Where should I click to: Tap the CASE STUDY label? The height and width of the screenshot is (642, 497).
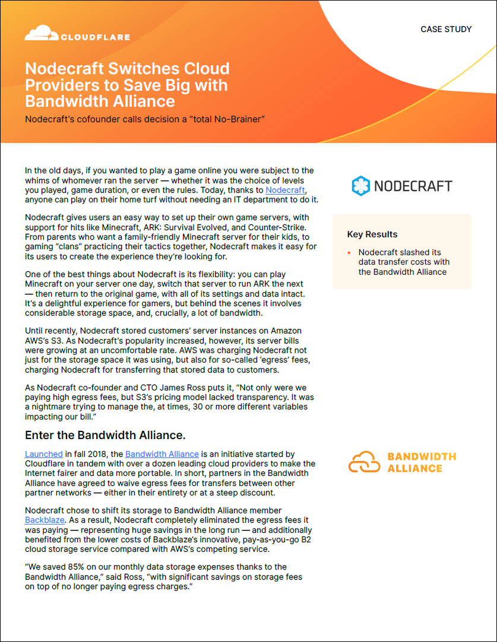point(446,29)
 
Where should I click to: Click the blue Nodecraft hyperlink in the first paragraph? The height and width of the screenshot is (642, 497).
point(285,190)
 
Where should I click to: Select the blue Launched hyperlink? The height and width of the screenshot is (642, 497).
point(43,454)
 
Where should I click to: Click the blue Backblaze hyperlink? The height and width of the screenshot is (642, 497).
point(40,520)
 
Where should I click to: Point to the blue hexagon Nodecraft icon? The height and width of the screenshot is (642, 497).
point(360,186)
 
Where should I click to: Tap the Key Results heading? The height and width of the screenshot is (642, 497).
point(372,234)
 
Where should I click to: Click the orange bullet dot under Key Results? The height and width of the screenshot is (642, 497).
point(350,253)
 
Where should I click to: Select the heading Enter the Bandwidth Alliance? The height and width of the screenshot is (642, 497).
point(105,435)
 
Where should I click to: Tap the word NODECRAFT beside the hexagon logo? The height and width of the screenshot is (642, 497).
point(413,186)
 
